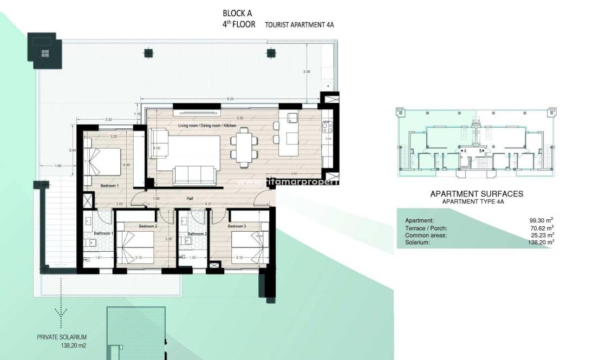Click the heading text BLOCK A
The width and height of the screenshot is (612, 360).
click(237, 13)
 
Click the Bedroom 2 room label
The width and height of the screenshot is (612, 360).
click(148, 226)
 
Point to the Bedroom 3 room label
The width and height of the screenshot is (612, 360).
click(237, 226)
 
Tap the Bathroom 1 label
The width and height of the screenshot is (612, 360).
click(103, 233)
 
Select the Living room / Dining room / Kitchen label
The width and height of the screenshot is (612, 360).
click(207, 126)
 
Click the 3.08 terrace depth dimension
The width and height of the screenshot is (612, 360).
click(307, 71)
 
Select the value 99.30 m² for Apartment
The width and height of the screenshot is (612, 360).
click(541, 220)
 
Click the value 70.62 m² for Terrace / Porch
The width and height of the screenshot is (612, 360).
click(541, 228)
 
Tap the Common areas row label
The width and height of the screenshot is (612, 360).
click(425, 235)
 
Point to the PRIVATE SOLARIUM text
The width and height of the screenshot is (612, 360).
click(61, 337)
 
